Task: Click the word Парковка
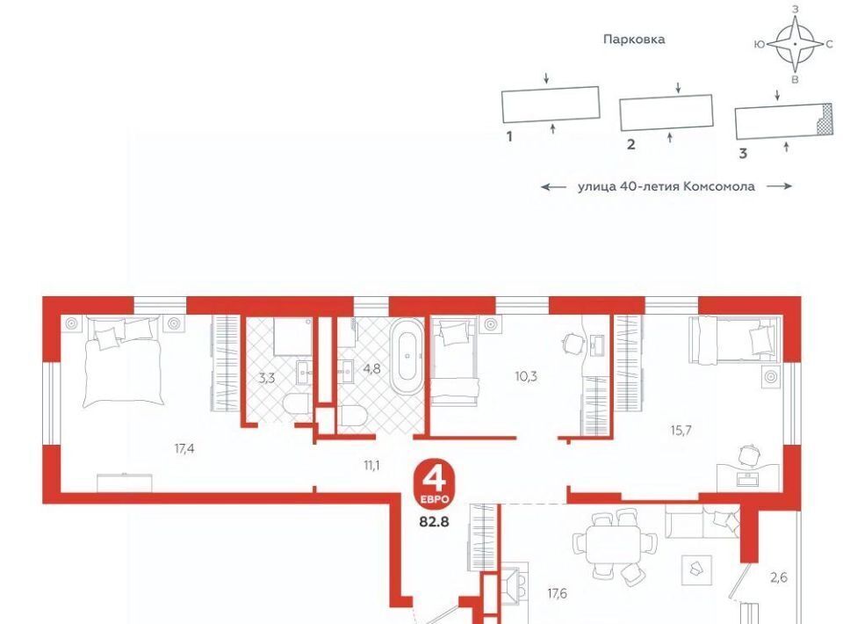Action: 634,40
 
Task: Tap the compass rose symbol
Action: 796,44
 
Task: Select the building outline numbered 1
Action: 551,104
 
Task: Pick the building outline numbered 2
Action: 666,112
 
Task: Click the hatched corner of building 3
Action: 824,120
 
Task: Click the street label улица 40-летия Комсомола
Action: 666,186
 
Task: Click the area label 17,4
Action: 184,447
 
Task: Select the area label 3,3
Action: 267,378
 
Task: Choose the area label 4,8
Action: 371,369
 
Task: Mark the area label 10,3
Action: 526,376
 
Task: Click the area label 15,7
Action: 681,430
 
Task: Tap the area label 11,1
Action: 371,465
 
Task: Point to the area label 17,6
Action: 557,594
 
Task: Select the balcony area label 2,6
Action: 779,577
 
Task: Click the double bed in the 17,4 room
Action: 124,361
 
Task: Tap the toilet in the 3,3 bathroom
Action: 296,405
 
